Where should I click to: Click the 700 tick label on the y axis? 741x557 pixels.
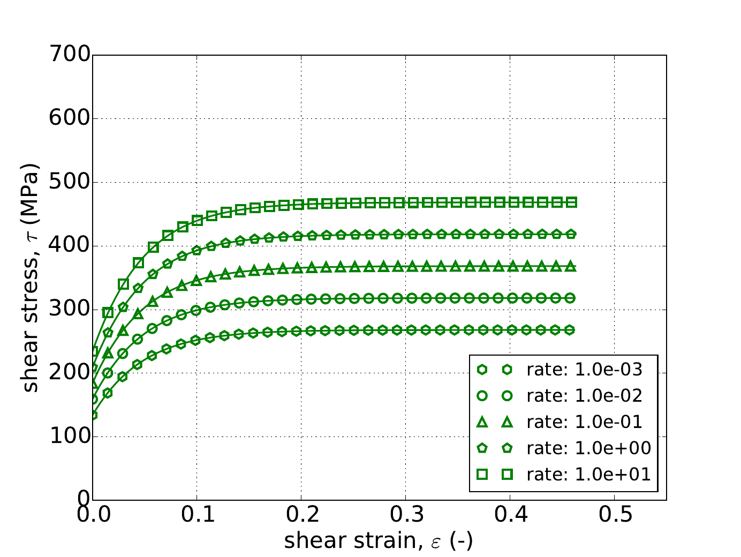pyautogui.click(x=70, y=55)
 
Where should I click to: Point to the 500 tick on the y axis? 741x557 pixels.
pyautogui.click(x=93, y=182)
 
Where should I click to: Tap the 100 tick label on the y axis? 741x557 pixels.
pyautogui.click(x=70, y=437)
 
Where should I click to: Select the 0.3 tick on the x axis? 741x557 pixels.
pyautogui.click(x=405, y=500)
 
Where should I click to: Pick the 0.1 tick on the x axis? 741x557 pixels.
pyautogui.click(x=197, y=500)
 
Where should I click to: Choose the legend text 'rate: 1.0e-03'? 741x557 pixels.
pyautogui.click(x=584, y=369)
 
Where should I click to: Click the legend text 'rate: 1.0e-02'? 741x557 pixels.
pyautogui.click(x=584, y=396)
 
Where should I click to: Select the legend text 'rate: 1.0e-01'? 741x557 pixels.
pyautogui.click(x=584, y=422)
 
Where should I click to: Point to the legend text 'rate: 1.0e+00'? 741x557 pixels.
pyautogui.click(x=588, y=448)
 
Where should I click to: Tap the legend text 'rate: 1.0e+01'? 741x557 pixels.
pyautogui.click(x=588, y=474)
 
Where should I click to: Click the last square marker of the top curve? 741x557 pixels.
pyautogui.click(x=571, y=202)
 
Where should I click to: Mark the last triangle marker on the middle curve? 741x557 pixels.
pyautogui.click(x=571, y=266)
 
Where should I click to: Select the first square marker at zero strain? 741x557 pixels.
pyautogui.click(x=93, y=352)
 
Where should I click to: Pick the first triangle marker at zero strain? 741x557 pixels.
pyautogui.click(x=93, y=384)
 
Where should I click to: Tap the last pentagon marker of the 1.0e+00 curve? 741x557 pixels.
pyautogui.click(x=571, y=234)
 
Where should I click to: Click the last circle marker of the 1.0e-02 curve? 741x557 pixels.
pyautogui.click(x=571, y=298)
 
